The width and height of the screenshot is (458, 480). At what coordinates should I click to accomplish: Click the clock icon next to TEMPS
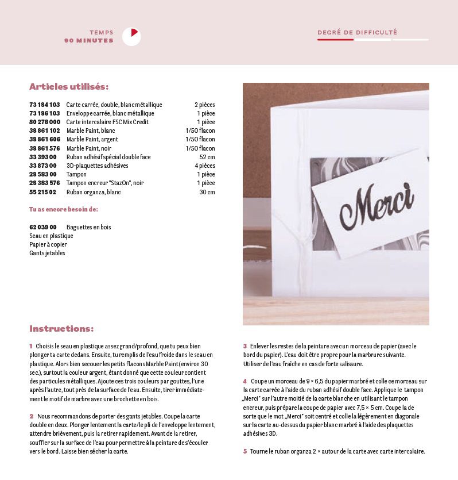click(131, 37)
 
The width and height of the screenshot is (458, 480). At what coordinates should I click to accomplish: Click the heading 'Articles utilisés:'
click(69, 87)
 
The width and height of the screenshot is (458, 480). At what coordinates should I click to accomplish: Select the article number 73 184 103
click(45, 105)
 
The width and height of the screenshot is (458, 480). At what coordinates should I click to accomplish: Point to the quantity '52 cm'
click(207, 157)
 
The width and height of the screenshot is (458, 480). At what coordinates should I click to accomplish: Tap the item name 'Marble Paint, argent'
click(92, 140)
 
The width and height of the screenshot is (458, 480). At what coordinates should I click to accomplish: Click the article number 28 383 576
click(45, 183)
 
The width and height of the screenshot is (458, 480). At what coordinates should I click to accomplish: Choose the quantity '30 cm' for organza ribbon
click(207, 192)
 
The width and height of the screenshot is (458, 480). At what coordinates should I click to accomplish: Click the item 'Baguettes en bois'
click(89, 227)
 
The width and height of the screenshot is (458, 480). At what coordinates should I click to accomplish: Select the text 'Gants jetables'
click(47, 253)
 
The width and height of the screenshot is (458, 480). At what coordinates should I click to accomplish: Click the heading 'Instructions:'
click(61, 329)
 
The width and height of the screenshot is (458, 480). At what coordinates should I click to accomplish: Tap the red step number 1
click(31, 346)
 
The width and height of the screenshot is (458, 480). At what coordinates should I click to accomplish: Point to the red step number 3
click(244, 346)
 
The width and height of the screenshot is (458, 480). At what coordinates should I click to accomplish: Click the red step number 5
click(244, 451)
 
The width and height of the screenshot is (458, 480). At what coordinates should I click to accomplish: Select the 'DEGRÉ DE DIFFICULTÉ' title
click(357, 33)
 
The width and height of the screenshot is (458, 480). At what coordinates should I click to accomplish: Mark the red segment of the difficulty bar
click(335, 40)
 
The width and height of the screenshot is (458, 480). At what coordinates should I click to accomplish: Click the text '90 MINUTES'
click(89, 41)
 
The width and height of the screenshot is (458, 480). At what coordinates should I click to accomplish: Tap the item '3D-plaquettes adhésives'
click(98, 166)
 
